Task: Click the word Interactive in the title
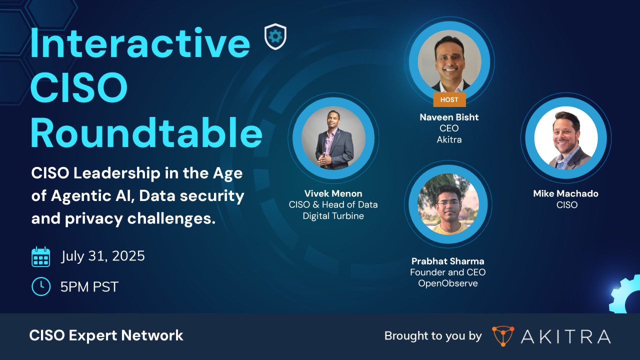[x=140, y=43]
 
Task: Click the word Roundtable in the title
[x=146, y=133]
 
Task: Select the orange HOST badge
[x=449, y=99]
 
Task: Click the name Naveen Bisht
[x=449, y=117]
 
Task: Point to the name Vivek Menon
[x=333, y=193]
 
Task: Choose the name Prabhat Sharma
[x=447, y=261]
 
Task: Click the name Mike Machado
[x=565, y=193]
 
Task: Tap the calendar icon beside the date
[x=41, y=257]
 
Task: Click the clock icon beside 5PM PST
[x=41, y=286]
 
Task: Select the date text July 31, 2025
[x=103, y=256]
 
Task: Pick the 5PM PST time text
[x=89, y=286]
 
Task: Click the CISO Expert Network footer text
[x=106, y=335]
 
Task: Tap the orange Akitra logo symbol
[x=502, y=336]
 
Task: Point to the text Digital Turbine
[x=333, y=216]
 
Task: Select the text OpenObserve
[x=447, y=283]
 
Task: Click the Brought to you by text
[x=433, y=336]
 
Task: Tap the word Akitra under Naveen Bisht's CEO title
[x=449, y=139]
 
